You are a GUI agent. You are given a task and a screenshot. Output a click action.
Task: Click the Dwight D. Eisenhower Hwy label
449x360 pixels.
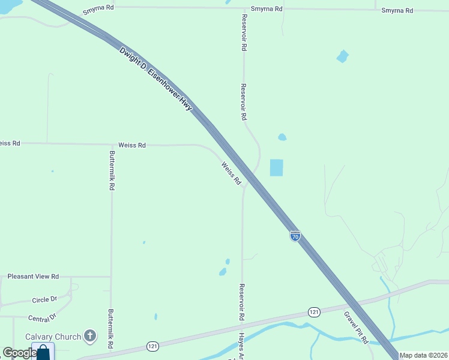pos(155,79)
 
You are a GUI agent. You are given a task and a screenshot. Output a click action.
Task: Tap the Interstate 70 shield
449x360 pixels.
pos(295,236)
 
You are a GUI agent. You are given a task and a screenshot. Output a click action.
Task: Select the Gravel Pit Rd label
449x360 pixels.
pos(356,327)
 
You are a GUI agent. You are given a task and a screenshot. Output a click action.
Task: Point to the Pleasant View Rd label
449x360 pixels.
pos(33,277)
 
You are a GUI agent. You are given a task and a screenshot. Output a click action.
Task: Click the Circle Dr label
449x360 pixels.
pos(44,299)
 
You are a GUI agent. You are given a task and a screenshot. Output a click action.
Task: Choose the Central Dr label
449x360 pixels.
pos(41,316)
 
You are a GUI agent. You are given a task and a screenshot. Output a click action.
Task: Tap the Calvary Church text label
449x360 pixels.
pos(53,337)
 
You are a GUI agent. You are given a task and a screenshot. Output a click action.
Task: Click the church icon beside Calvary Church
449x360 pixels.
pos(90,336)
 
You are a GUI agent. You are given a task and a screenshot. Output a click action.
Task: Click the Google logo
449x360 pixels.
pos(19,353)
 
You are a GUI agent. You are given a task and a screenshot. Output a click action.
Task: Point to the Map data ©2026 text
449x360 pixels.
pos(423,355)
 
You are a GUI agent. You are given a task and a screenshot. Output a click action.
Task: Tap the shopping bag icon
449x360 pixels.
pos(43,352)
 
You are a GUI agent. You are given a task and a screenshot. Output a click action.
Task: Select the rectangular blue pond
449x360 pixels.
pos(276,167)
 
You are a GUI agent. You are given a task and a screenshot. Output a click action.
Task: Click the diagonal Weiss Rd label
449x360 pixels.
pos(231,173)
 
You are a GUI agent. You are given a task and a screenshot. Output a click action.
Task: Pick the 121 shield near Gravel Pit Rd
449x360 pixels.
pos(315,312)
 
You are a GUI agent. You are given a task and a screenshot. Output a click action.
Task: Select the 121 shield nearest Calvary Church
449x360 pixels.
pos(153,346)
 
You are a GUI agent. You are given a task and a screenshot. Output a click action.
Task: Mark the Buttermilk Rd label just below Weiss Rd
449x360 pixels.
pos(112,170)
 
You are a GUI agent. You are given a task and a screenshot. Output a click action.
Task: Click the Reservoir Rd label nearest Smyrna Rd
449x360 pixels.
pos(243,32)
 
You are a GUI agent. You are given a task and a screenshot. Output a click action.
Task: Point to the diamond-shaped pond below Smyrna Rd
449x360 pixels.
pos(342,56)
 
